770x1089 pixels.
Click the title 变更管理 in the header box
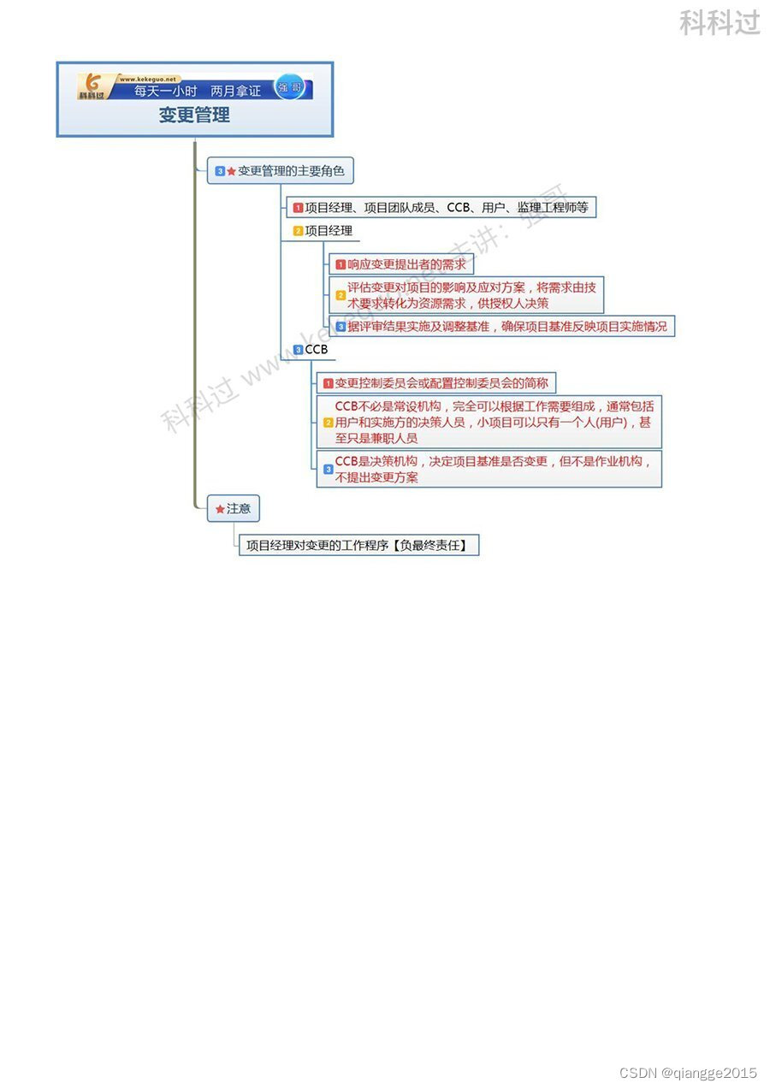(x=194, y=115)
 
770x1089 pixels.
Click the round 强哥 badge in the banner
(x=289, y=87)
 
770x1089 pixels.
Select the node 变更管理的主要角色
(x=290, y=171)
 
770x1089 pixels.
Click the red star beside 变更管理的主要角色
(x=231, y=172)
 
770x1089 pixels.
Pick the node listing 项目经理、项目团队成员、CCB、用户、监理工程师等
(x=441, y=207)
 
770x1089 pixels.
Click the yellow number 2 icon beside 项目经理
(x=298, y=231)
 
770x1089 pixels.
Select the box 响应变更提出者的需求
(x=401, y=264)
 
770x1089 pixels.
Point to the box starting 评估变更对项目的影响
(x=466, y=295)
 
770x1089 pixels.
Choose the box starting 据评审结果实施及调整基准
(x=501, y=326)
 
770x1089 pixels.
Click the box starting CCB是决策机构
(x=489, y=469)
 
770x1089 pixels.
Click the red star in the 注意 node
(x=220, y=510)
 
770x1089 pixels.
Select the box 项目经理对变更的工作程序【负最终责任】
(x=358, y=545)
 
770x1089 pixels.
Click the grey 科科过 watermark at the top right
(x=720, y=22)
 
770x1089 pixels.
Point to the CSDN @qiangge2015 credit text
(x=689, y=1073)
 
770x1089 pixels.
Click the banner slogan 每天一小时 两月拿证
(x=198, y=90)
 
